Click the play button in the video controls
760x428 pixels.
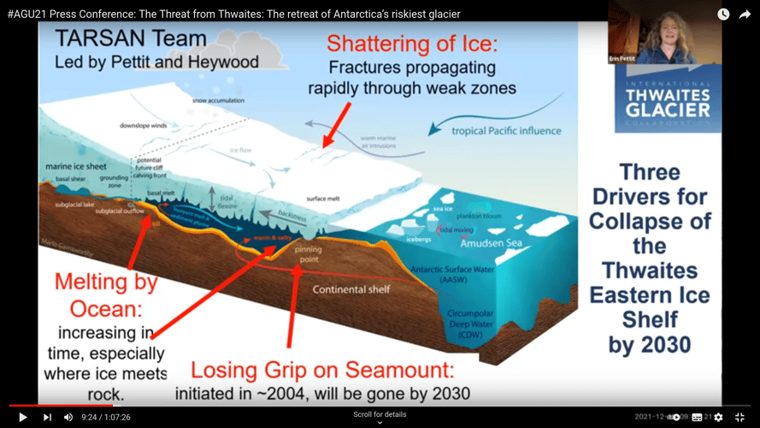[x=23, y=417]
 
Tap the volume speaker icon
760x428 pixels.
[x=68, y=417]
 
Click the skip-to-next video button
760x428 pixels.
[x=47, y=417]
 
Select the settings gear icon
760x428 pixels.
[x=718, y=417]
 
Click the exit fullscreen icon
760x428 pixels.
[x=741, y=417]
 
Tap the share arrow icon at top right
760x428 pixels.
[x=743, y=14]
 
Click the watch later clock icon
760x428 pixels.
[x=723, y=14]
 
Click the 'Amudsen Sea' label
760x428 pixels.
[x=489, y=243]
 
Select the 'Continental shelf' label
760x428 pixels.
[x=352, y=289]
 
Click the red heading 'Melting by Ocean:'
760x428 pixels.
[x=104, y=294]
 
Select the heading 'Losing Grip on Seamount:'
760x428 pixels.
[x=322, y=370]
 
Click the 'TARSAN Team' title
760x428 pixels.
[x=131, y=39]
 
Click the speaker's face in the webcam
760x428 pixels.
[x=663, y=32]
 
